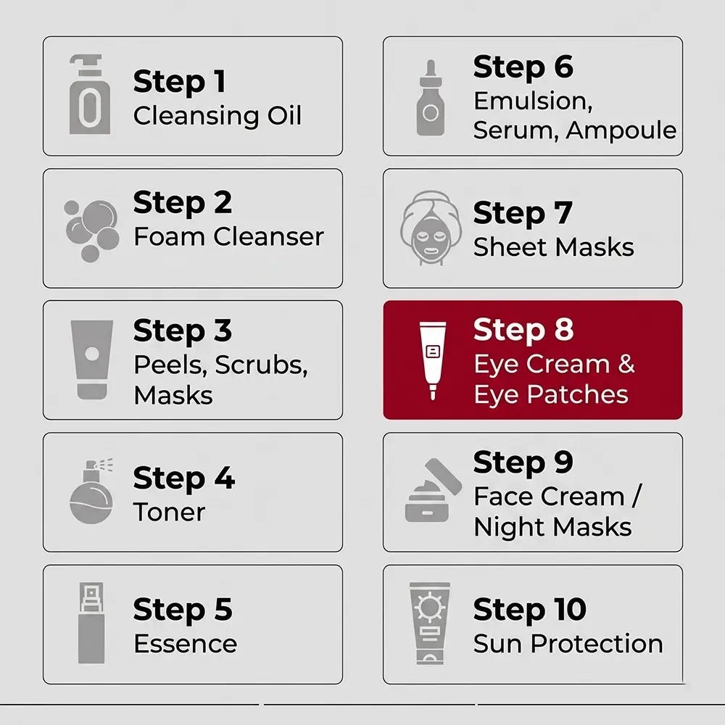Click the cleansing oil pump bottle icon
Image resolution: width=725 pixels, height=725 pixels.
pos(90,95)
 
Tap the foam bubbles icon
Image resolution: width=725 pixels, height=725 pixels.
pos(91,231)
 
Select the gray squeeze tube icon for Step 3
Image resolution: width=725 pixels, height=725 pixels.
pos(91,360)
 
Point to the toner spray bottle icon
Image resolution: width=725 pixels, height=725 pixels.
pos(91,491)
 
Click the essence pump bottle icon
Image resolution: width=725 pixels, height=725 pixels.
pos(91,623)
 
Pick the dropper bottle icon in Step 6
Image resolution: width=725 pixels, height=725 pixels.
pos(431,98)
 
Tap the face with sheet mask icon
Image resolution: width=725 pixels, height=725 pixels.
pos(431,228)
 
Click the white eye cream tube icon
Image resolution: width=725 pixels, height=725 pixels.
pos(433,360)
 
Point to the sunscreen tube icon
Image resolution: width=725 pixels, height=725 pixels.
pos(430,623)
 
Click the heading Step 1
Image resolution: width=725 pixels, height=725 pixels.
pos(179,83)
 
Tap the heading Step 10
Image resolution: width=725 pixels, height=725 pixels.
pos(530,610)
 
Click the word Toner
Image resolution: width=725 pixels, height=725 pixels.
pos(169,513)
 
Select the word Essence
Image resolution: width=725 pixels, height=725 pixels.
pos(186,644)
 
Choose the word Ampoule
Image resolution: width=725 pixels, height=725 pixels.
pos(621,130)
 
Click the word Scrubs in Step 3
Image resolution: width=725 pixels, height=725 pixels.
pos(261,365)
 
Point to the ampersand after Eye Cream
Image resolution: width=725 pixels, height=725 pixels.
pos(626,364)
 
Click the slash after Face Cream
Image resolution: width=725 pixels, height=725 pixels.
pos(637,497)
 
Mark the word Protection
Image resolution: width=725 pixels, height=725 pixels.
pos(597,644)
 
